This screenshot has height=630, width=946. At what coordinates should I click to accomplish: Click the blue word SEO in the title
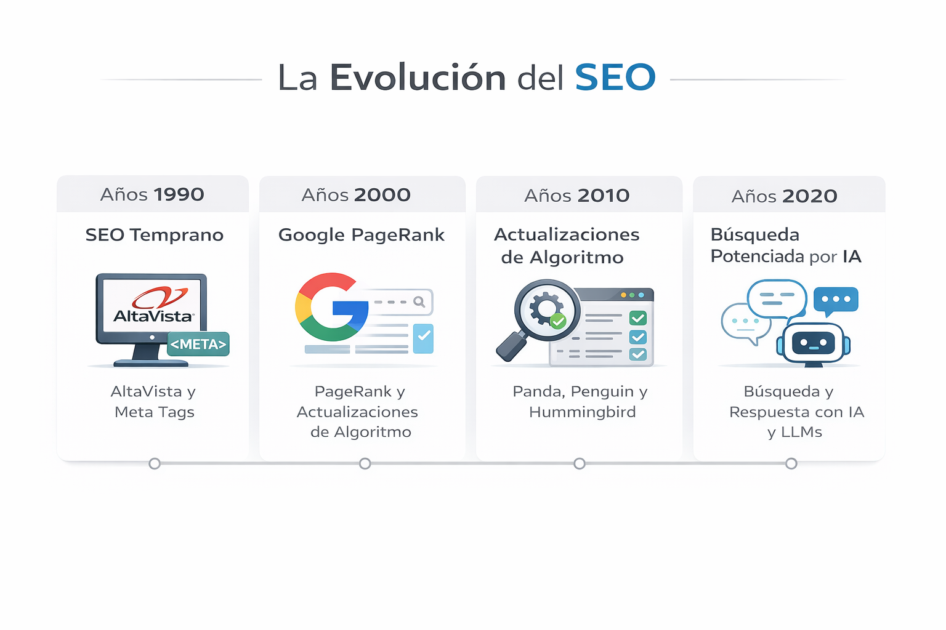click(615, 78)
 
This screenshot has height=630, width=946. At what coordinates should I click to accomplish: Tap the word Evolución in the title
click(418, 78)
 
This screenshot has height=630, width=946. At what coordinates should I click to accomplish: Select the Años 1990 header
click(152, 194)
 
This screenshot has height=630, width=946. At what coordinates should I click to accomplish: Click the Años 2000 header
click(356, 195)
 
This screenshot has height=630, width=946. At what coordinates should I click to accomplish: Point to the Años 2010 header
click(576, 196)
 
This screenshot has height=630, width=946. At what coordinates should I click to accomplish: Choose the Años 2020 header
click(784, 196)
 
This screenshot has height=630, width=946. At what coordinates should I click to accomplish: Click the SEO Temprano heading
click(154, 235)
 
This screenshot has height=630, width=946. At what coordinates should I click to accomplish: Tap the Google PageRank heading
click(361, 235)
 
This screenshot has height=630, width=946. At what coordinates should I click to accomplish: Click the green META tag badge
click(198, 345)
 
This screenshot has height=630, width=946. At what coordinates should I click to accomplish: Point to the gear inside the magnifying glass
click(545, 308)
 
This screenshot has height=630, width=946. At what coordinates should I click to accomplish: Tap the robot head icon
click(813, 343)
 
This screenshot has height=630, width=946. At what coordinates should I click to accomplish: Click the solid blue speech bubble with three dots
click(836, 300)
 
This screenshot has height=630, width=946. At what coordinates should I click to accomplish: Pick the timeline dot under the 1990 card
click(155, 463)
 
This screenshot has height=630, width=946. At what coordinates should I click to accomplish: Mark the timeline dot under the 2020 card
click(791, 463)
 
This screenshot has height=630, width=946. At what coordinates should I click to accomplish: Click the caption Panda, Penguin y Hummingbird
click(580, 401)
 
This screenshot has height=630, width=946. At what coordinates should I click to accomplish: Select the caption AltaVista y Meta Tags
click(154, 401)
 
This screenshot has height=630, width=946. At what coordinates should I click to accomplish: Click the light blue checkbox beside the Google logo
click(423, 338)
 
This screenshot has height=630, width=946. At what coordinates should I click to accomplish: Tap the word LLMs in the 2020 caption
click(801, 432)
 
